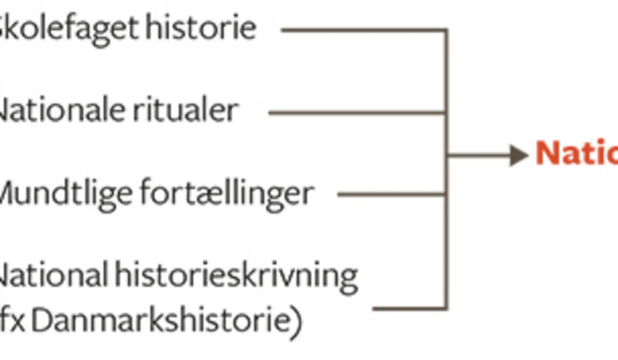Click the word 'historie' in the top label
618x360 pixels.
(201, 28)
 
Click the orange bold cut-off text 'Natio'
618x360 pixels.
(576, 153)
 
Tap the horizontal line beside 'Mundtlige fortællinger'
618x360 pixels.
(391, 194)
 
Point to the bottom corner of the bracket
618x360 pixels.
(446, 308)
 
